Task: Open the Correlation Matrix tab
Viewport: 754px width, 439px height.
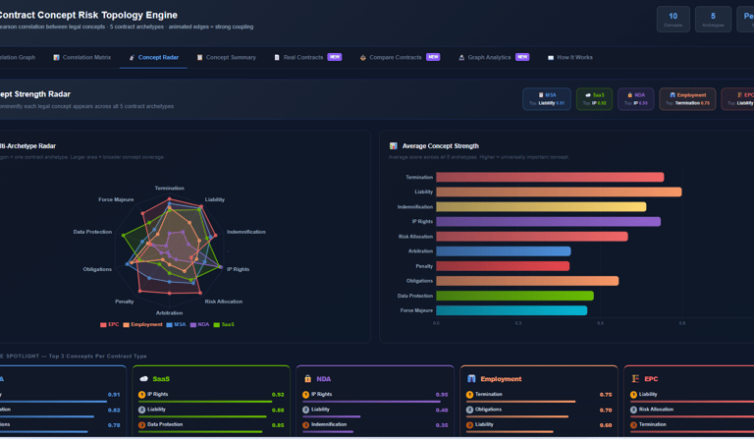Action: tap(82, 58)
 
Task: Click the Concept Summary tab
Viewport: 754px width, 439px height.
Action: tap(227, 58)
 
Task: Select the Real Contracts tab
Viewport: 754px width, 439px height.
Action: tap(302, 58)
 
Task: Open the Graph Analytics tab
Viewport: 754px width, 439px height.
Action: tap(489, 58)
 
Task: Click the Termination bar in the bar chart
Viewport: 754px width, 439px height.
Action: tap(550, 178)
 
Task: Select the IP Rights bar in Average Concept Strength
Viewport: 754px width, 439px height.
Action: tap(548, 222)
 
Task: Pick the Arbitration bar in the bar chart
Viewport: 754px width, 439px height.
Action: tap(503, 251)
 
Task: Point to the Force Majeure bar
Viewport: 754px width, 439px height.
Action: tap(512, 310)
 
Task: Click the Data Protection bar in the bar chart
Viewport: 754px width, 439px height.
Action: tap(514, 296)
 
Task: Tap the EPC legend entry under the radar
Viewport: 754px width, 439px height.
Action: tap(109, 324)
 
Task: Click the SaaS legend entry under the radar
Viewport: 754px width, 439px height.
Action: tap(225, 324)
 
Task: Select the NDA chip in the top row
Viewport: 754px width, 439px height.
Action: tap(635, 99)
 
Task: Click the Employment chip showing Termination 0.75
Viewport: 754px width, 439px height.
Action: tap(687, 99)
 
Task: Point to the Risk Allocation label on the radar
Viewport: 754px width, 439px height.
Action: tap(223, 302)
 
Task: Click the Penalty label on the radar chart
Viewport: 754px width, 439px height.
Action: tap(125, 302)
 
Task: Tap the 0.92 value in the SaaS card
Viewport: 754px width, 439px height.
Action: tap(278, 395)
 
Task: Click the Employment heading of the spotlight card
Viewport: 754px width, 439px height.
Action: tap(500, 378)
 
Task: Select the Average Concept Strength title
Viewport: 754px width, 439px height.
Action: tap(442, 146)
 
